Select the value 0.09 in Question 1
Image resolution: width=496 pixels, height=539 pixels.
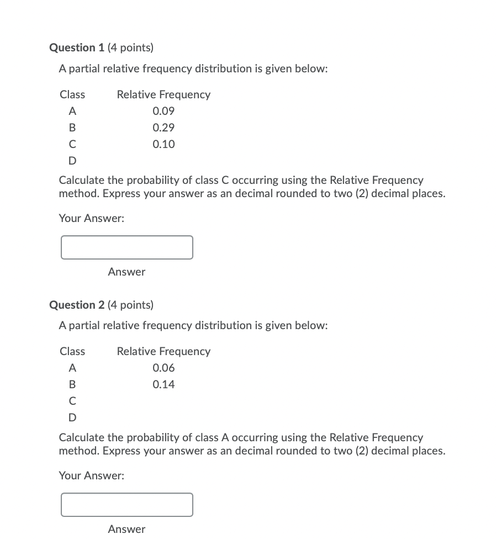click(163, 111)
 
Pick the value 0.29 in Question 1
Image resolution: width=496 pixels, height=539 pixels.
click(163, 128)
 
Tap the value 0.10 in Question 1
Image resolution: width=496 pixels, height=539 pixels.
click(163, 144)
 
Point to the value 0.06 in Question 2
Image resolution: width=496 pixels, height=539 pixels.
click(163, 368)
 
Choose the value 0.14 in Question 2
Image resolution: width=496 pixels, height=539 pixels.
click(163, 384)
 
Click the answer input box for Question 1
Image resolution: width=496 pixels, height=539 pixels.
click(127, 247)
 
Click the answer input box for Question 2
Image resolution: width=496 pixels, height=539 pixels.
click(127, 505)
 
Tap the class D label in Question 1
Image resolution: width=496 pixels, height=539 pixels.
click(72, 161)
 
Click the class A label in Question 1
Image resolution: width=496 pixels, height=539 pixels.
click(72, 111)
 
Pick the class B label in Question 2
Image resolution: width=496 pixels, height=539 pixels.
click(72, 384)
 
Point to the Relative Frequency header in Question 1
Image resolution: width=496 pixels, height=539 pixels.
click(163, 94)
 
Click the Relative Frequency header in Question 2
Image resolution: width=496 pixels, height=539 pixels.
click(163, 351)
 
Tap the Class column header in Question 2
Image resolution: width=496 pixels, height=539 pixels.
click(72, 351)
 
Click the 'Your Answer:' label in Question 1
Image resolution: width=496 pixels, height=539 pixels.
click(92, 218)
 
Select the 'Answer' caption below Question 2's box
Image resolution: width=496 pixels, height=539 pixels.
click(126, 529)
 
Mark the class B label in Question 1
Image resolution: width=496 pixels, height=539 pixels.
click(72, 128)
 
